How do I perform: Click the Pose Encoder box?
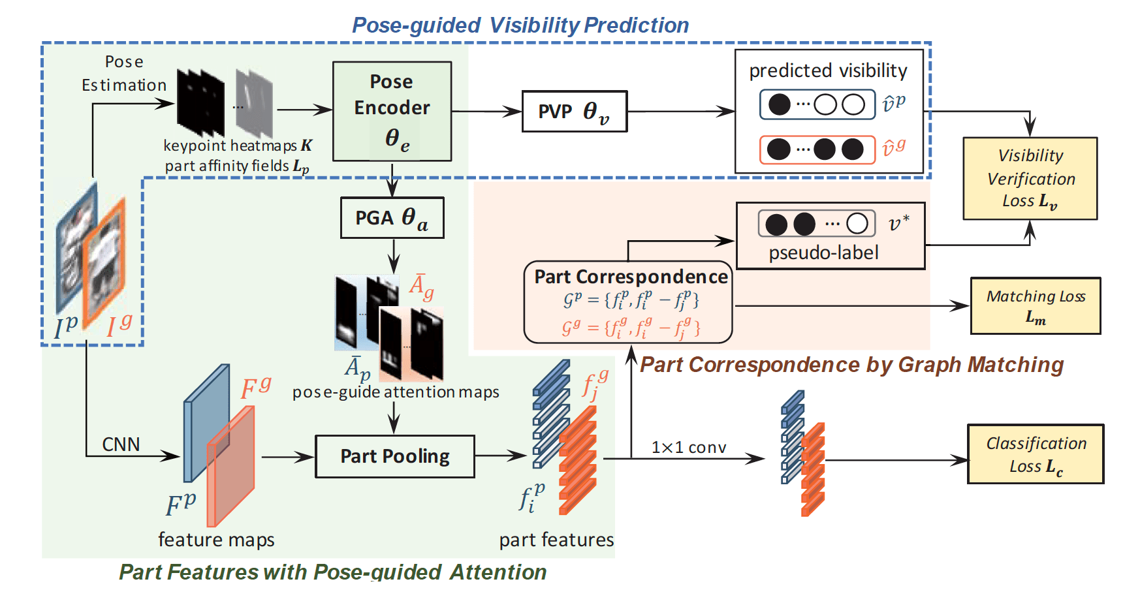click(x=392, y=111)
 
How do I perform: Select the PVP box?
click(x=574, y=112)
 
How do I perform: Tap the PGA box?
click(x=392, y=218)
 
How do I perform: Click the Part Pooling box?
click(x=394, y=456)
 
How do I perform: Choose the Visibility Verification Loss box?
click(x=1030, y=178)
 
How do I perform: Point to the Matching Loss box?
click(x=1035, y=305)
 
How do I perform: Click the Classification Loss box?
click(x=1035, y=454)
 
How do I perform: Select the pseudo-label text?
click(x=823, y=253)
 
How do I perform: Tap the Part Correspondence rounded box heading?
click(x=631, y=277)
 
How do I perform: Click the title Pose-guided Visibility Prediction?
click(x=520, y=25)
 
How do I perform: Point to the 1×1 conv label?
click(x=688, y=448)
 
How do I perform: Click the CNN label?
click(x=121, y=444)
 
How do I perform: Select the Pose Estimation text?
click(x=124, y=73)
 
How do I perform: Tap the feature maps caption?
click(x=216, y=540)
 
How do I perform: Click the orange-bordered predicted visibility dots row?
click(x=817, y=149)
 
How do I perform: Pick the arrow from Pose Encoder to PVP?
click(x=486, y=112)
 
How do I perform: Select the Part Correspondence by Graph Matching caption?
click(x=851, y=364)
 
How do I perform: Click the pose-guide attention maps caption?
click(x=396, y=392)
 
